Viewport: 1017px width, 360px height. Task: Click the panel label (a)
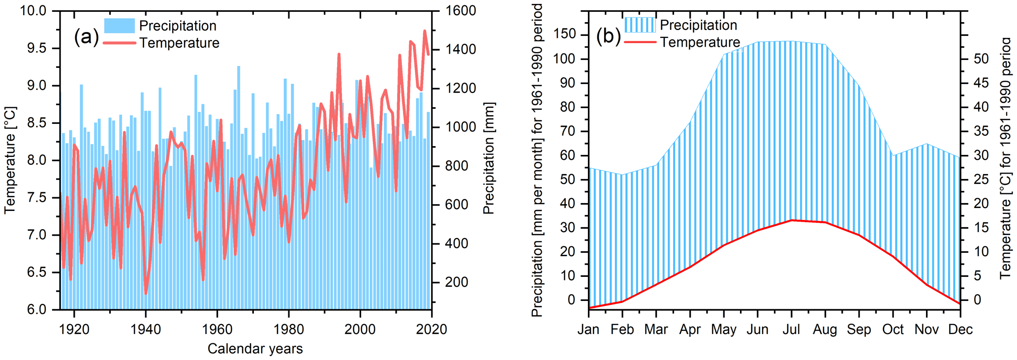click(86, 37)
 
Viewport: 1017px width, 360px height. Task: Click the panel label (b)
click(608, 36)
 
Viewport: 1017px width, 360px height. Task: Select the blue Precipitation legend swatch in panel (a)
click(119, 26)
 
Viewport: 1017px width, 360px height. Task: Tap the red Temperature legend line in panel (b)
click(640, 42)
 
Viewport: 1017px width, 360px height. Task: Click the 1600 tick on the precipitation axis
click(461, 11)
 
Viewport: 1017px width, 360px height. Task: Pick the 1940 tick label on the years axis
click(146, 329)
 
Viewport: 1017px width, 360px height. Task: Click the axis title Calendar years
click(255, 349)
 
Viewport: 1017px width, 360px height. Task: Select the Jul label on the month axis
click(791, 329)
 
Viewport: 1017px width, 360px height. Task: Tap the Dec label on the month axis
click(960, 329)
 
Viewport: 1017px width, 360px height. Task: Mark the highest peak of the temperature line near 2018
click(425, 31)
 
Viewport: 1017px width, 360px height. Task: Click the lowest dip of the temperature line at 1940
click(146, 294)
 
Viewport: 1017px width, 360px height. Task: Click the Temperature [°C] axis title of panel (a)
click(10, 160)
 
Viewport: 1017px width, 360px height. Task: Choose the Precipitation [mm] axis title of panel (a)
click(488, 158)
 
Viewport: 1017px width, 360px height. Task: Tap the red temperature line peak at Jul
click(791, 220)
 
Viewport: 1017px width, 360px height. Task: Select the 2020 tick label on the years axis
click(431, 329)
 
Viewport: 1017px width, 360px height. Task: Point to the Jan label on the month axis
click(588, 329)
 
